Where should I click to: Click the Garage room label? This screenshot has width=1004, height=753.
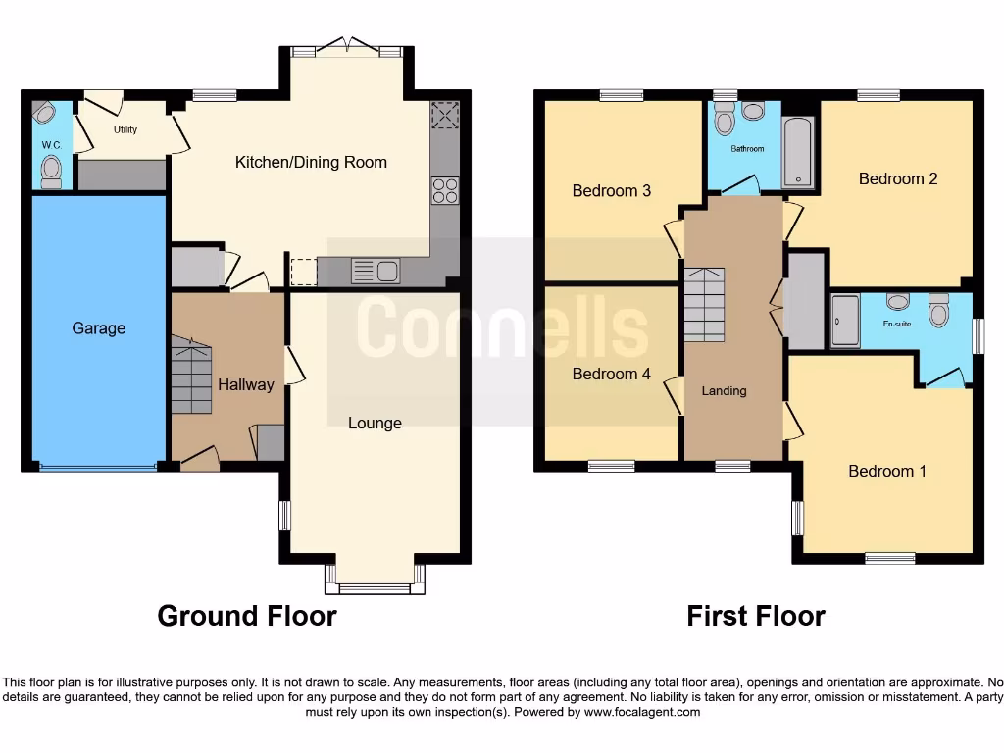[98, 328]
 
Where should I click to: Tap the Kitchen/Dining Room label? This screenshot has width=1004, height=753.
[311, 162]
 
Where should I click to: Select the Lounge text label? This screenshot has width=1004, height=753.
[375, 423]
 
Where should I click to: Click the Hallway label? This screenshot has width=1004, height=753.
[245, 384]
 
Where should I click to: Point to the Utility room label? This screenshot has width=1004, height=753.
[125, 129]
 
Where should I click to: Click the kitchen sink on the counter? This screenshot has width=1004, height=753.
[376, 271]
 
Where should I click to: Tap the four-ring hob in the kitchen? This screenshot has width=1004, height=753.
[445, 190]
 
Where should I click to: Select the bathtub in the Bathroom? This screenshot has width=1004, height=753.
[799, 152]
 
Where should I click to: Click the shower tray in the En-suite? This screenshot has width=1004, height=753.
[844, 321]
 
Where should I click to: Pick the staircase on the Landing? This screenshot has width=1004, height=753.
[704, 304]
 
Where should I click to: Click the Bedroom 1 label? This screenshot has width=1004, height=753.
[886, 471]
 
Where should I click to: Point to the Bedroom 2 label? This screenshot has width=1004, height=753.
[897, 178]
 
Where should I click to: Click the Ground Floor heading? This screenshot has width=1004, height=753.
[247, 616]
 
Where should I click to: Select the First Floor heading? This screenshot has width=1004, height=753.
[755, 616]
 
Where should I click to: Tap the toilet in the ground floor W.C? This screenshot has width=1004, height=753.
[51, 172]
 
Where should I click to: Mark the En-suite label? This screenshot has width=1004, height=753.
[896, 323]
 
